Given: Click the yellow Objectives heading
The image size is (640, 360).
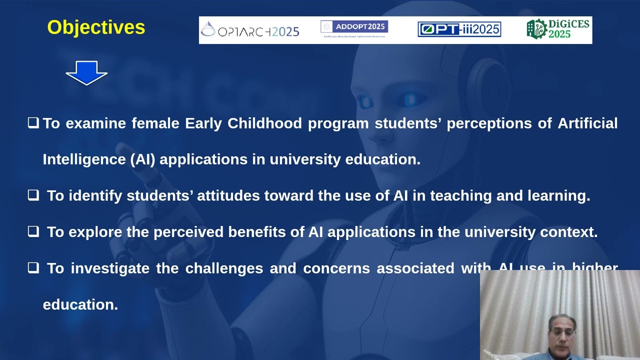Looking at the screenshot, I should tap(96, 27).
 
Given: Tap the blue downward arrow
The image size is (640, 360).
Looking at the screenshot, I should tap(86, 73).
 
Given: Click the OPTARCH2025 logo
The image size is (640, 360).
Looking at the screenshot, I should tap(250, 31).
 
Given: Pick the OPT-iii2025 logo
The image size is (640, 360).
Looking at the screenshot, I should tap(459, 29).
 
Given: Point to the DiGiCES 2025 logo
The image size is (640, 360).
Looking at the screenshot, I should tap(558, 29).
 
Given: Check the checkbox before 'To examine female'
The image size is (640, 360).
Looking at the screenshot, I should tap(33, 122).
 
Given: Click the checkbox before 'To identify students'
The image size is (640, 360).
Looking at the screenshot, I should tap(33, 195).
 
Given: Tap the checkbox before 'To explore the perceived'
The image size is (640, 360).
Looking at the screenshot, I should tap(33, 231).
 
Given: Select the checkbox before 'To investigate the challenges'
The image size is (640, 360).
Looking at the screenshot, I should tap(33, 268).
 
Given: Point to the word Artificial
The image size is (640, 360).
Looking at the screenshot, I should tap(587, 123).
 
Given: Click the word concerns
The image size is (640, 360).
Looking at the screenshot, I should tap(336, 268).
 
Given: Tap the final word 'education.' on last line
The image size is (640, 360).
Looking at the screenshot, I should tap(80, 304).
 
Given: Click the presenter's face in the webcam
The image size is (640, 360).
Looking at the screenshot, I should tap(560, 332).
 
